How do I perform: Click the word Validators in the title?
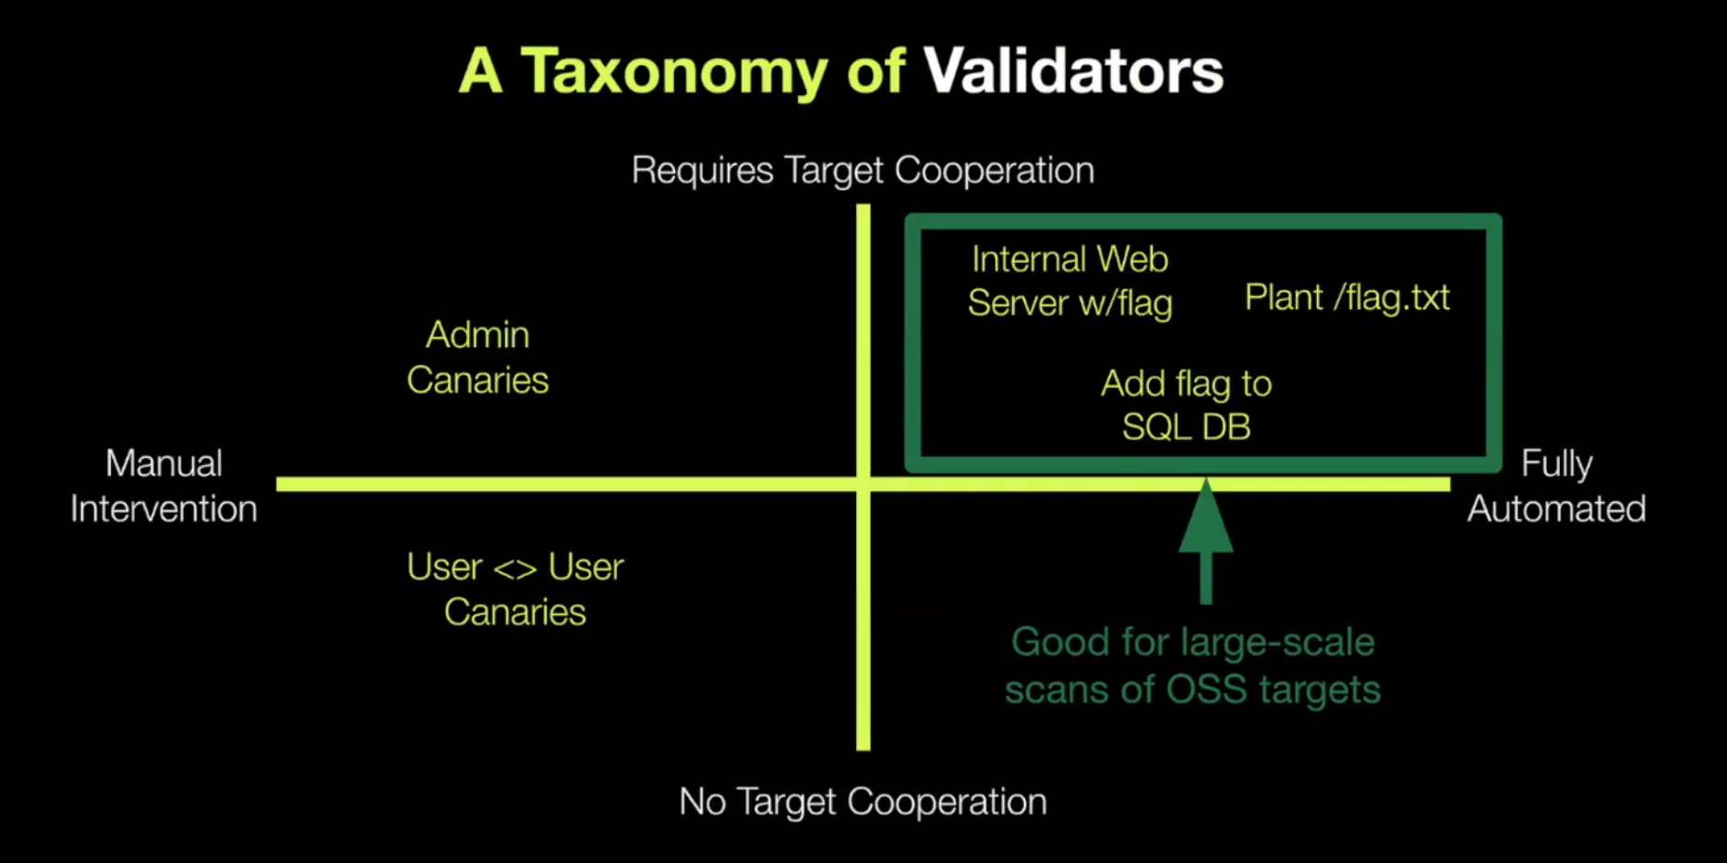[1073, 71]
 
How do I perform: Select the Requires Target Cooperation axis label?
[863, 171]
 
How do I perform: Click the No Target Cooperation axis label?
[863, 802]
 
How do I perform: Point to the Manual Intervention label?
[164, 485]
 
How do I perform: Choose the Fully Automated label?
[1557, 486]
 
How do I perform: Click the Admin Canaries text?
[477, 357]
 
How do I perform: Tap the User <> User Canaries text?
[515, 589]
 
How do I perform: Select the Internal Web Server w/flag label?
[1070, 281]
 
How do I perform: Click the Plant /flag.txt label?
[1347, 298]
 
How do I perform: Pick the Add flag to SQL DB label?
[1187, 405]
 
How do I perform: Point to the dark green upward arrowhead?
[1206, 517]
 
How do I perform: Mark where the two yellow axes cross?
[863, 484]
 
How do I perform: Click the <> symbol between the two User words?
[514, 568]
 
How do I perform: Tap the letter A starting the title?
[481, 71]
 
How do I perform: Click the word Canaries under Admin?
[477, 380]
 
